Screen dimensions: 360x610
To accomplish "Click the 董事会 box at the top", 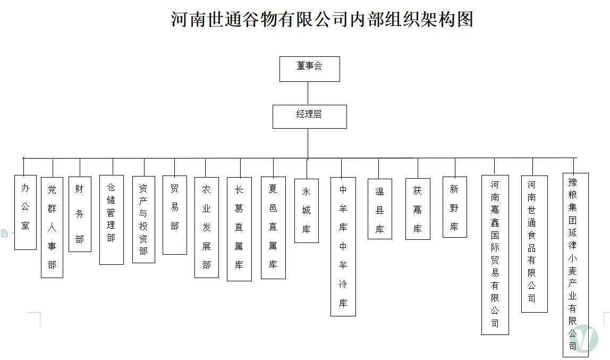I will (x=310, y=69).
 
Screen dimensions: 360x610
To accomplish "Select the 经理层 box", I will (x=310, y=116).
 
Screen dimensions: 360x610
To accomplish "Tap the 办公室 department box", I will (x=26, y=212).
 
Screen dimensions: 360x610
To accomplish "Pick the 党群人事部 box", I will (x=52, y=227).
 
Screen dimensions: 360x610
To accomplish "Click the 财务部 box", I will (x=80, y=214).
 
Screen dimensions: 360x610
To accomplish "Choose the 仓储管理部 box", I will (x=112, y=220).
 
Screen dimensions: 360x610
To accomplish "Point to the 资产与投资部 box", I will (x=143, y=220).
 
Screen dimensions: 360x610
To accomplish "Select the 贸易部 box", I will (x=175, y=215).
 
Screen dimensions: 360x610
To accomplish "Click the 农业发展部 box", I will (x=207, y=227).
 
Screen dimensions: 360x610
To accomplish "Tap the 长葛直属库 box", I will (x=239, y=229).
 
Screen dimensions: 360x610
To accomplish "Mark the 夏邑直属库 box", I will (x=273, y=228).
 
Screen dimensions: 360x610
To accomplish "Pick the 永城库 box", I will (x=307, y=211).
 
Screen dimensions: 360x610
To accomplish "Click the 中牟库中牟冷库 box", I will (x=343, y=247).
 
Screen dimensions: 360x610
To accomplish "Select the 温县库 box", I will (x=380, y=209).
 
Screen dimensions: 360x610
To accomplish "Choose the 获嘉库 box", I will (x=418, y=209).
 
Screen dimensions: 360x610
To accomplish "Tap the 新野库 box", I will (x=455, y=207).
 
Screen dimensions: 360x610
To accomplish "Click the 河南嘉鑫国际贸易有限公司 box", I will (x=495, y=254).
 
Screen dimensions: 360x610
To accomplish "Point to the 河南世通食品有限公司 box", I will (x=534, y=243).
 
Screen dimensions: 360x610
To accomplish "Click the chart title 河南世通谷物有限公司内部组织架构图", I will (x=322, y=20).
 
